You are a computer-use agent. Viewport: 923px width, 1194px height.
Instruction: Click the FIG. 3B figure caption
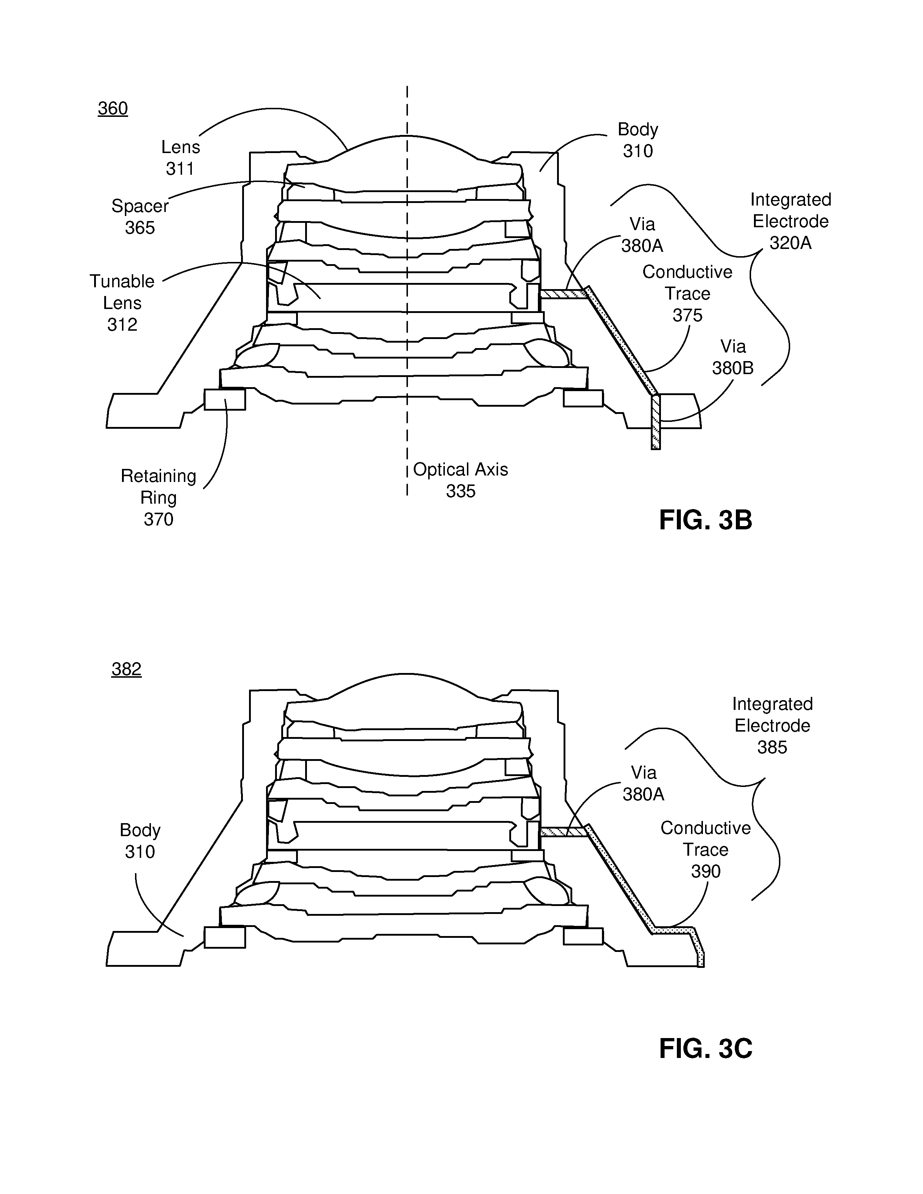click(705, 520)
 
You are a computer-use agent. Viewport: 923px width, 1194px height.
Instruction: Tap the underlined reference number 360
click(113, 108)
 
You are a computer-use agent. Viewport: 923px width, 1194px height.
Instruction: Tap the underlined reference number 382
click(126, 669)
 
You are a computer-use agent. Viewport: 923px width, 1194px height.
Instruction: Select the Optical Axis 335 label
click(460, 480)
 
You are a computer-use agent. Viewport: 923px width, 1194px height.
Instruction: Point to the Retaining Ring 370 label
click(159, 497)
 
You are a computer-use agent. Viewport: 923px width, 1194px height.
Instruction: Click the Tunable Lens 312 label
click(122, 303)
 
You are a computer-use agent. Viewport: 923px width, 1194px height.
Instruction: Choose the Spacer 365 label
click(140, 216)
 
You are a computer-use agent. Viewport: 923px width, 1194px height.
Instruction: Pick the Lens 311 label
click(181, 157)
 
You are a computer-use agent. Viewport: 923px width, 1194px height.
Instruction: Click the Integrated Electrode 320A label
click(791, 221)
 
